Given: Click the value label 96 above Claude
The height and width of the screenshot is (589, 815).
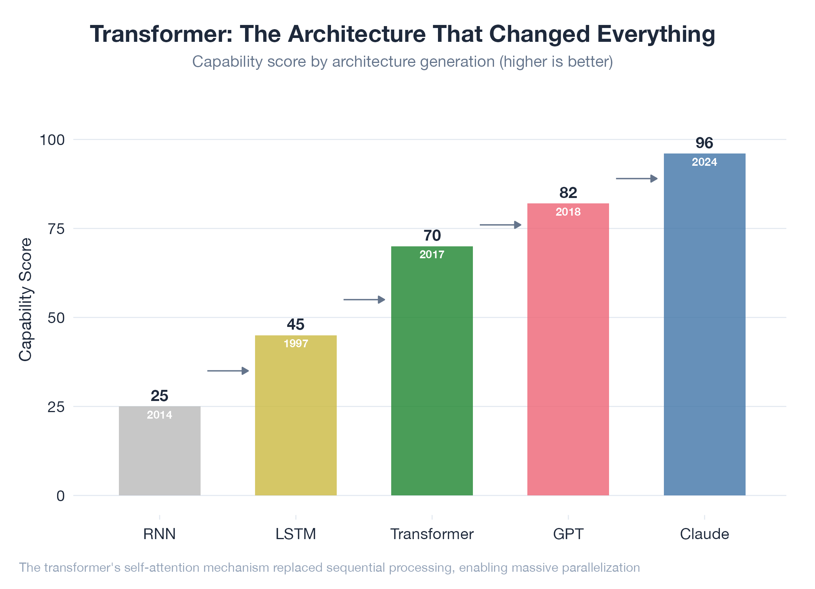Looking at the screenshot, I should coord(704,143).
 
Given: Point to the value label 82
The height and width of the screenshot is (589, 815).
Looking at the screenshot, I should coord(568,193).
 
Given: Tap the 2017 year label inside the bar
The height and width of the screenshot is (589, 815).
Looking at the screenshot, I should coord(432,254).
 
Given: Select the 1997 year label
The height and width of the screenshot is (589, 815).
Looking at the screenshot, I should coord(296,343).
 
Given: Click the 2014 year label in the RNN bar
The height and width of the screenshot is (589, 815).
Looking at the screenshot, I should coord(160,415).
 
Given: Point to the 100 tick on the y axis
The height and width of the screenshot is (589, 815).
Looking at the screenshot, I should coord(52,140).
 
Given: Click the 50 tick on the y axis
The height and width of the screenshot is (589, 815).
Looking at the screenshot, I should coord(56,318).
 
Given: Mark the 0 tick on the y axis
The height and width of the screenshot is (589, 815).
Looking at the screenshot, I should coord(61,496).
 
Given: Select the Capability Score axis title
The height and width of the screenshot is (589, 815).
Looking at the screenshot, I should coord(25,299).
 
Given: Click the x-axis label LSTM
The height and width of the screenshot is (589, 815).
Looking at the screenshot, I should coord(296,534).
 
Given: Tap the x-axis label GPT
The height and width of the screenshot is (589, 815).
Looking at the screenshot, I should coord(568,534).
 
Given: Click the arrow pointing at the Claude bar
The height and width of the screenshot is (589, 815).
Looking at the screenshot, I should coord(637,178).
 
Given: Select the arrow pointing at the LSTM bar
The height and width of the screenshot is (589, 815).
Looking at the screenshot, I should coord(228,371).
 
